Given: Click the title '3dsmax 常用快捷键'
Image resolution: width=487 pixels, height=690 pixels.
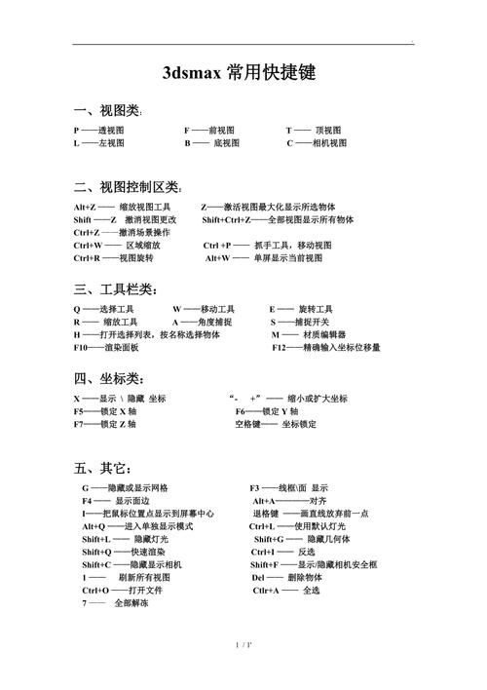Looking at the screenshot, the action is (x=243, y=73).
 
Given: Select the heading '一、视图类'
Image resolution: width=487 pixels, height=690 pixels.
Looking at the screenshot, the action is (x=107, y=111).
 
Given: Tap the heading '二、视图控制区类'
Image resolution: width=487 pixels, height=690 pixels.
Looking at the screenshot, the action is (x=127, y=186).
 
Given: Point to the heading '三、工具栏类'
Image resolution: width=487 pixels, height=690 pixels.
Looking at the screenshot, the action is (x=113, y=289).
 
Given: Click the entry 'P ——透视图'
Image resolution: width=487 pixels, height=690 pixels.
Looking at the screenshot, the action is (x=98, y=131).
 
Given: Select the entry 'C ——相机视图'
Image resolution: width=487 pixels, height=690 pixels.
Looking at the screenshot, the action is (x=316, y=143).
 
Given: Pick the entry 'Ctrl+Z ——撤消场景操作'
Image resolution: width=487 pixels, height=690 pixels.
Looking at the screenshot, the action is (x=122, y=233).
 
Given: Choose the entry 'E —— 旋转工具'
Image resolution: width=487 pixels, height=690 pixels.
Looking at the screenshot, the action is (x=301, y=309).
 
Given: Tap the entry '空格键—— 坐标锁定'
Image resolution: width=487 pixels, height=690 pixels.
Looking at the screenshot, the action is (x=276, y=424).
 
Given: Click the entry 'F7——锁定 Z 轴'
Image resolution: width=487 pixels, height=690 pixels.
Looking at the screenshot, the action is (x=104, y=424).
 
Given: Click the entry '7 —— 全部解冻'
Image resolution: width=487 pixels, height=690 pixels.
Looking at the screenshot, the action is (x=116, y=603).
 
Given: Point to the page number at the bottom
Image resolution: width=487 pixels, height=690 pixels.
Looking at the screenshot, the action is (x=243, y=671).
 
